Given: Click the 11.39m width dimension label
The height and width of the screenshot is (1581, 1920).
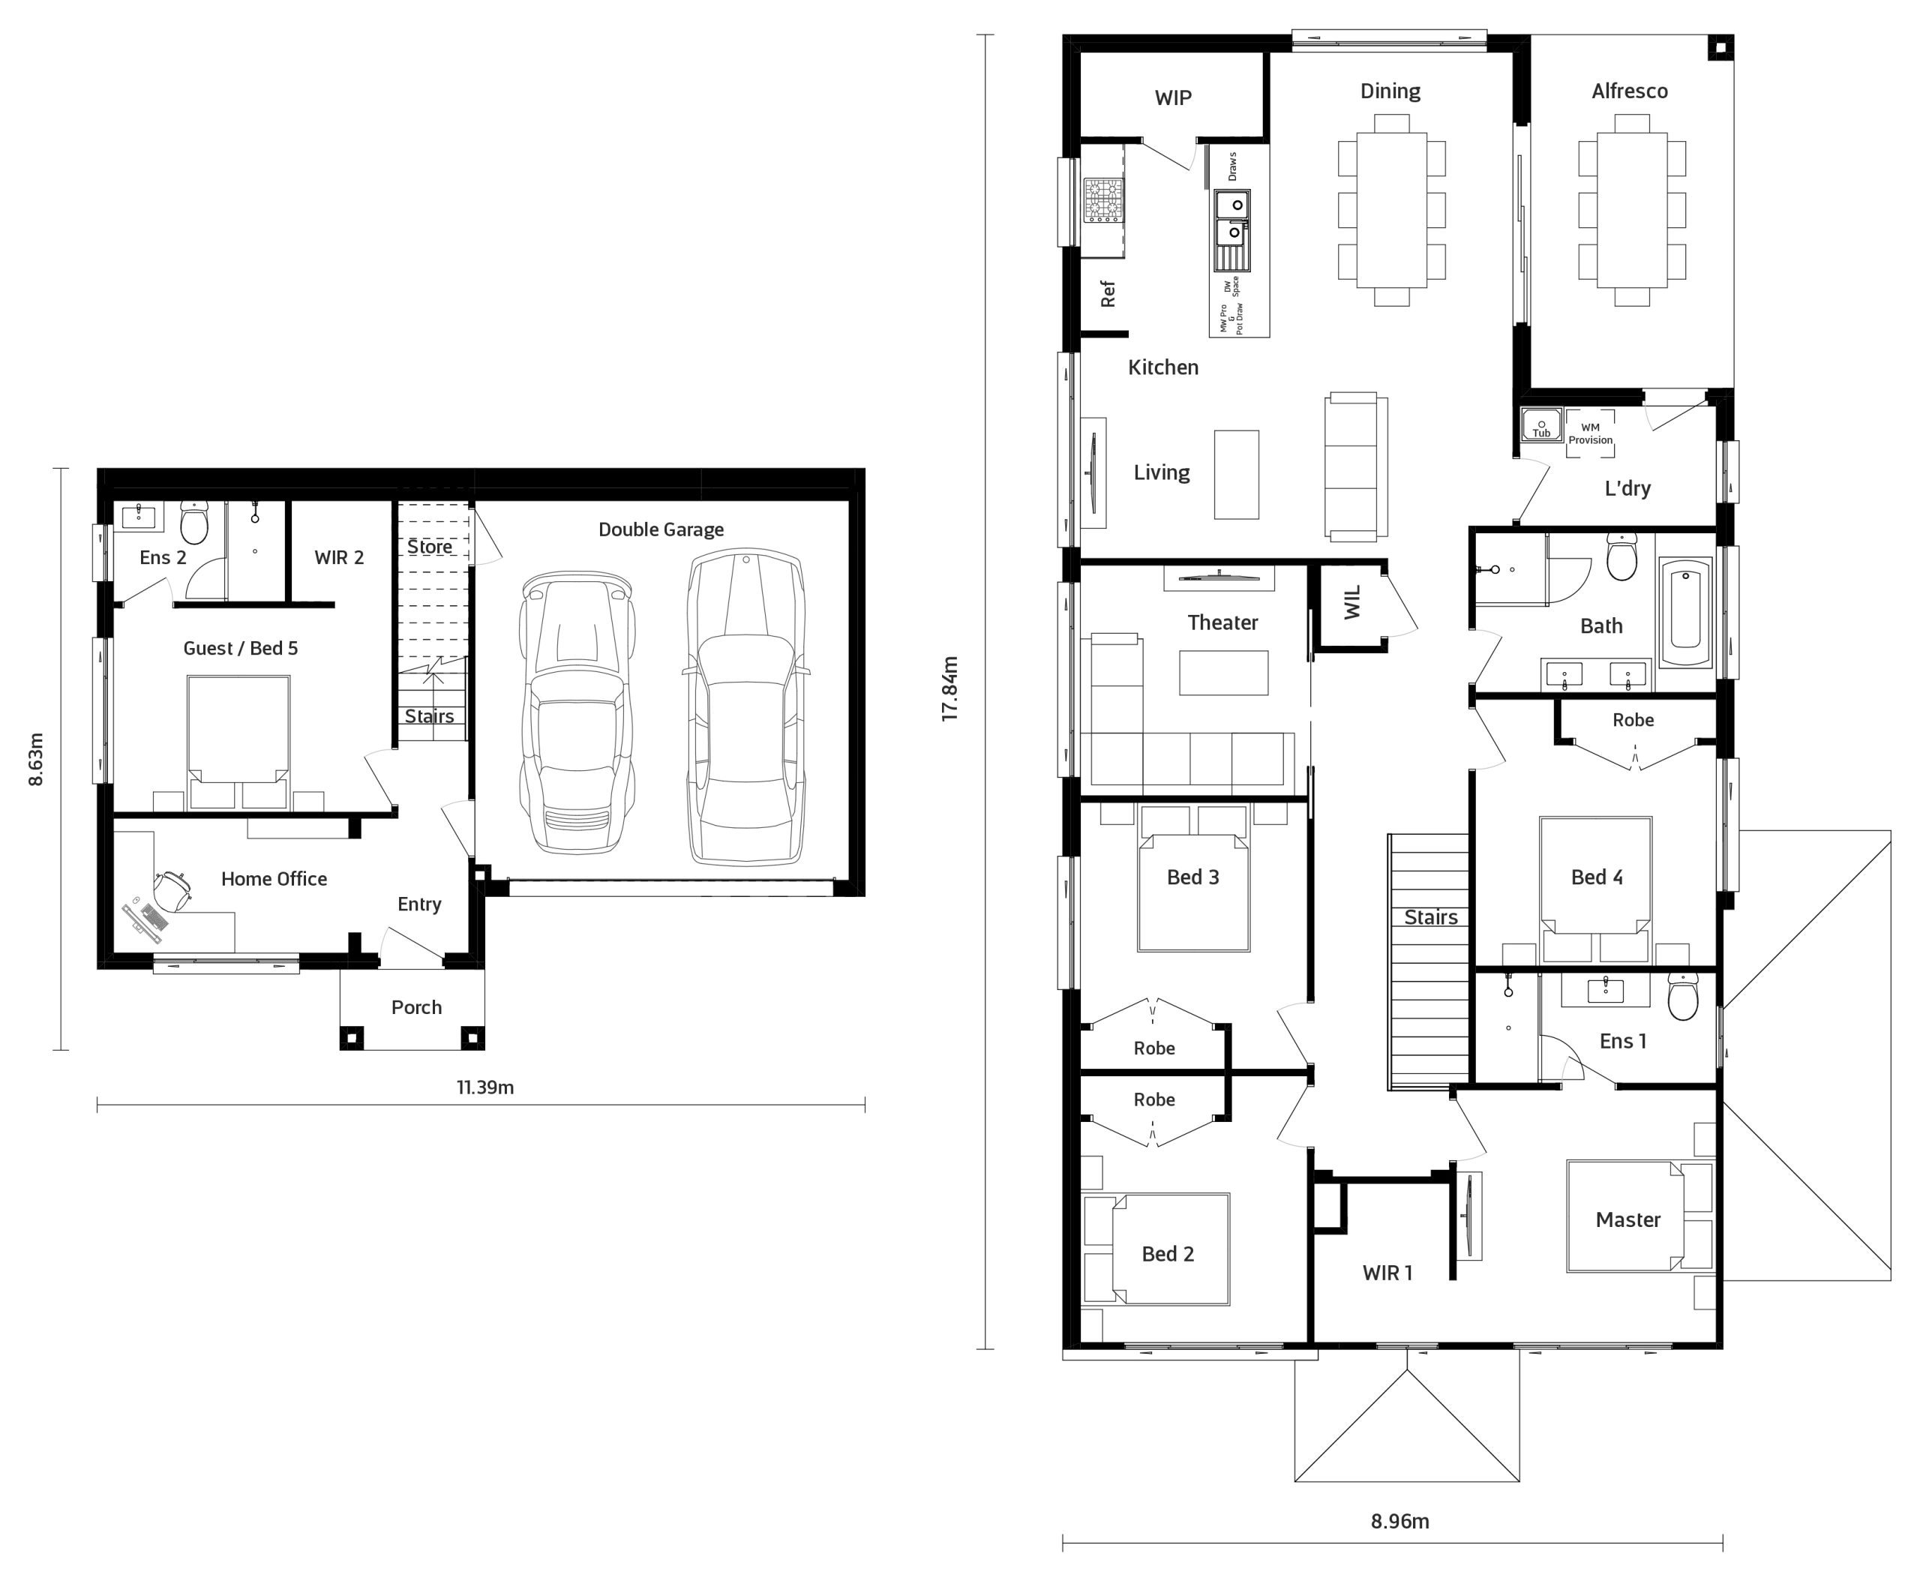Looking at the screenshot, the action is click(x=484, y=1087).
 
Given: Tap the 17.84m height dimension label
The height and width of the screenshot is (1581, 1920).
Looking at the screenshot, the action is click(x=950, y=688).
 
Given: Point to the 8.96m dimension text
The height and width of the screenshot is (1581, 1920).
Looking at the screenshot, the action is click(x=1400, y=1521).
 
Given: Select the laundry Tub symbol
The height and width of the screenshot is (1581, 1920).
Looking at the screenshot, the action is click(x=1541, y=424).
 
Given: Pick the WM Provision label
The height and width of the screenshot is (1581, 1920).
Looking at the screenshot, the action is click(x=1590, y=433).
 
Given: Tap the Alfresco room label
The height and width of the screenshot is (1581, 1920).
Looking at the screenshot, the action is click(x=1630, y=91).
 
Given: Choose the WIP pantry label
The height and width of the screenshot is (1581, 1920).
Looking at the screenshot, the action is click(x=1173, y=97).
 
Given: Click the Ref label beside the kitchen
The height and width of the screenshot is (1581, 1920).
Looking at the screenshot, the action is click(x=1108, y=293).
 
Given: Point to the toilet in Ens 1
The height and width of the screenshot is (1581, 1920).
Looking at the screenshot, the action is click(x=1683, y=996).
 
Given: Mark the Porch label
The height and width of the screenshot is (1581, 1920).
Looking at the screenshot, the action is click(x=416, y=1007).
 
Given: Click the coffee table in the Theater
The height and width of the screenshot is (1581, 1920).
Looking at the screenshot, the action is click(x=1223, y=673).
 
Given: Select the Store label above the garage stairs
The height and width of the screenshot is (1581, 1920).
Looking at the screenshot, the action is click(x=429, y=547).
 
